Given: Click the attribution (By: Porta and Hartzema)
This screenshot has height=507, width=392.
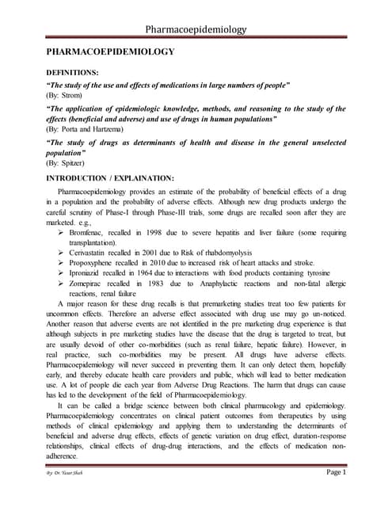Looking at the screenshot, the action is click(x=92, y=128).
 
